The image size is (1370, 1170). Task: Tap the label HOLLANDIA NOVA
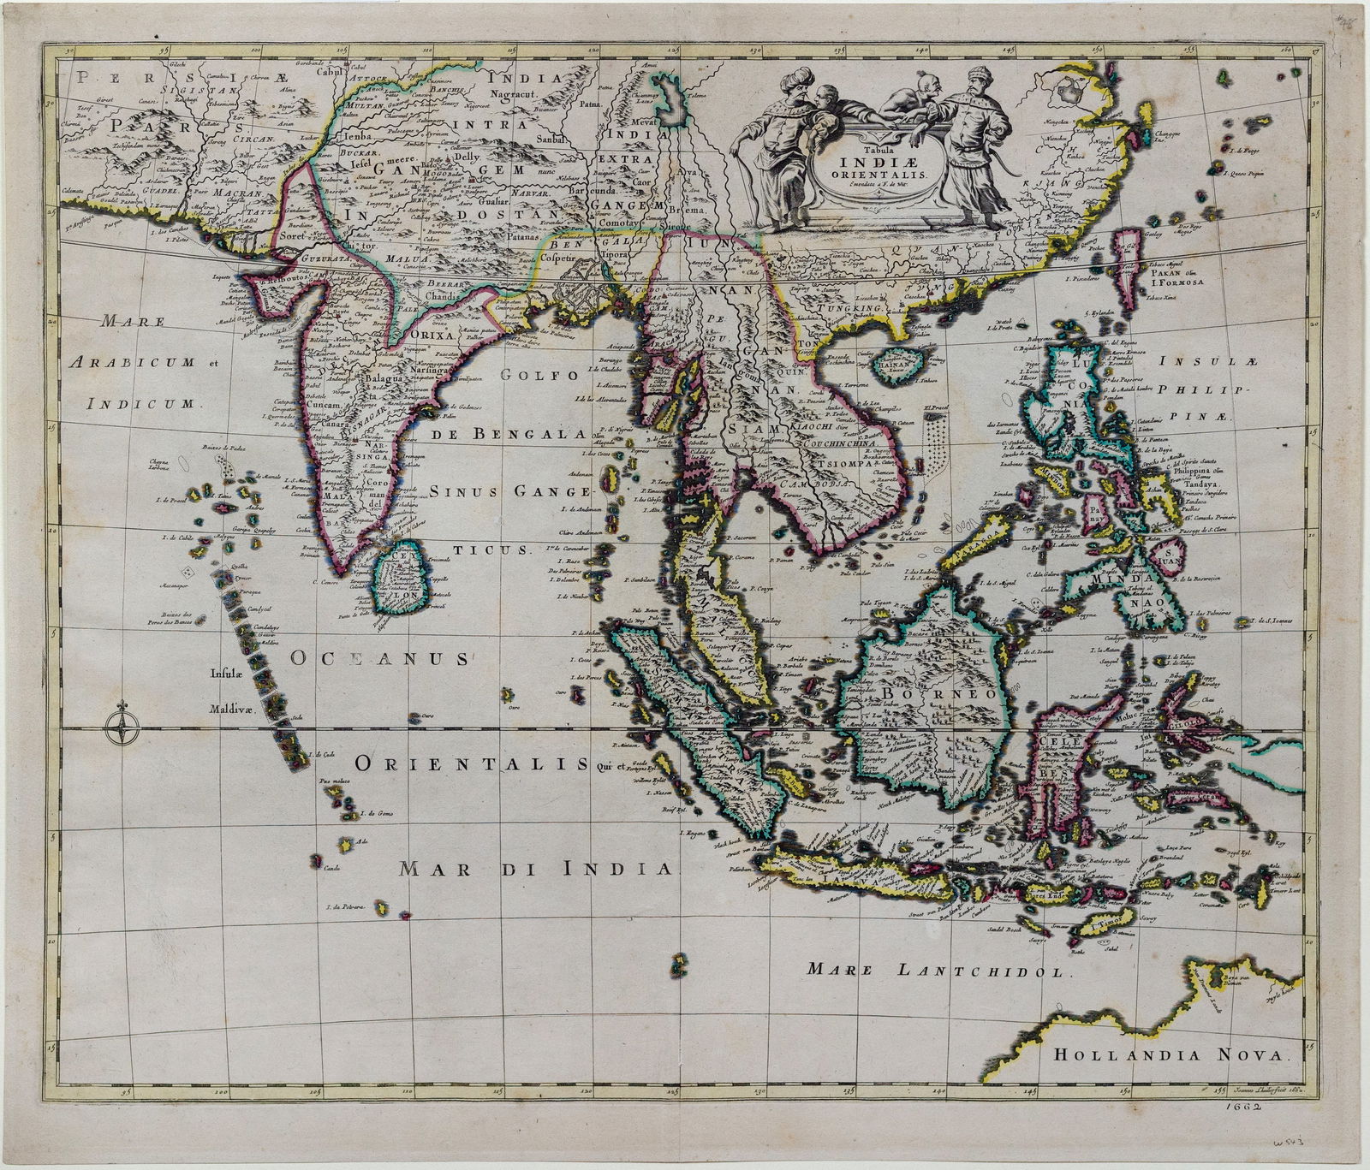[1170, 1055]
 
